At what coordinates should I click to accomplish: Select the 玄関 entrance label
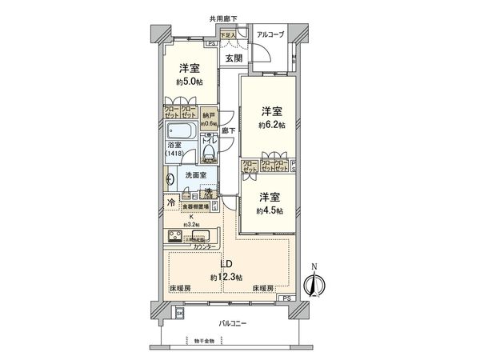point(234,58)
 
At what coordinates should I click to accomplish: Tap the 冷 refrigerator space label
point(170,203)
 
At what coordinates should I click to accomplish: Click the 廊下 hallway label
point(227,130)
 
